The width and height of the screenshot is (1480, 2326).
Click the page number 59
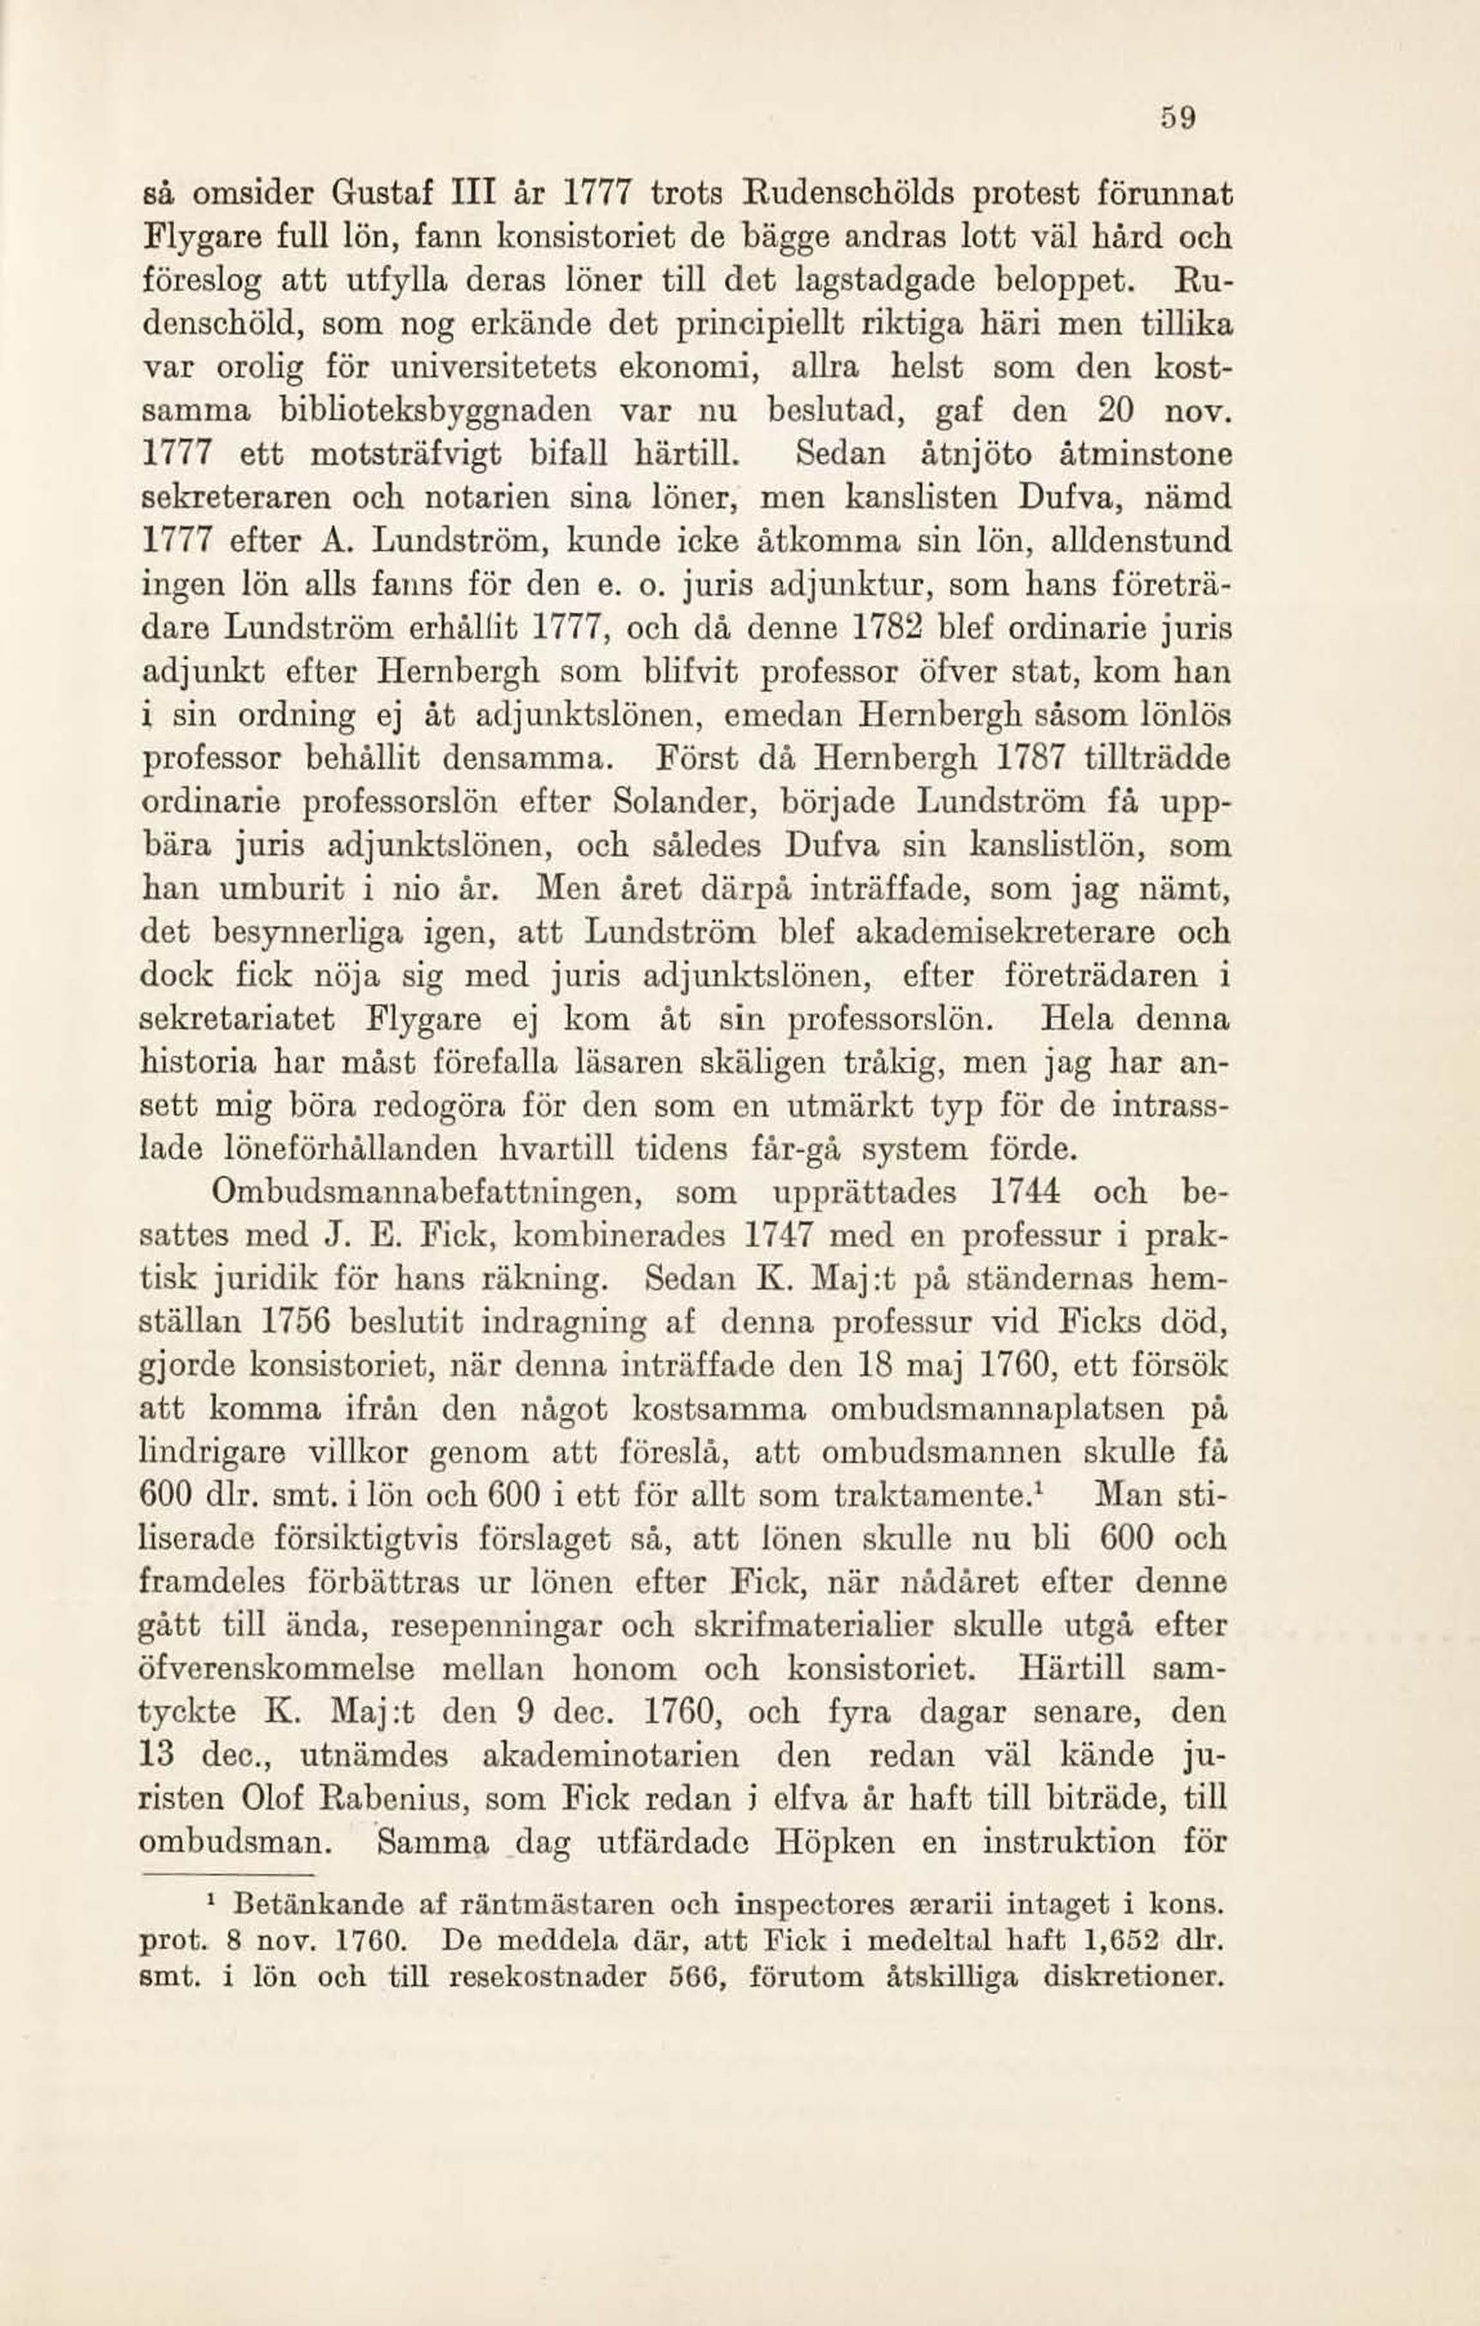coord(1180,120)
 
